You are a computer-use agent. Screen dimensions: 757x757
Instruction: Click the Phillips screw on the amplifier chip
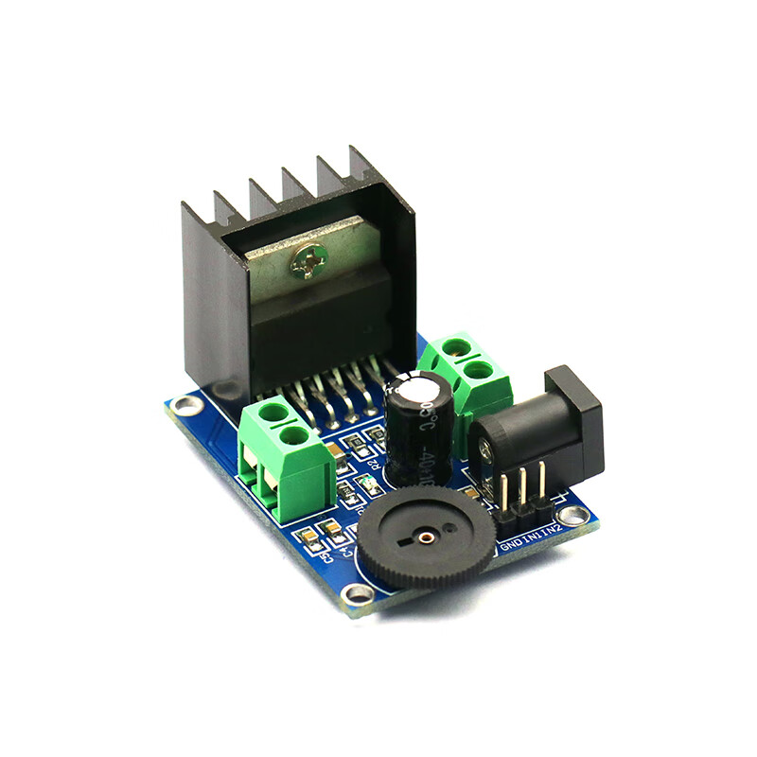pyautogui.click(x=309, y=260)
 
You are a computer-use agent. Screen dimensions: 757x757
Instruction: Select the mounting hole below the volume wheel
pyautogui.click(x=358, y=594)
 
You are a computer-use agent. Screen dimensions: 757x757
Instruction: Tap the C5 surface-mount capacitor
pyautogui.click(x=308, y=537)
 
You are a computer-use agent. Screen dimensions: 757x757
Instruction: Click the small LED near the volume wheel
pyautogui.click(x=370, y=487)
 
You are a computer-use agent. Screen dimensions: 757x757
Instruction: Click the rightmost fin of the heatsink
pyautogui.click(x=364, y=166)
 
